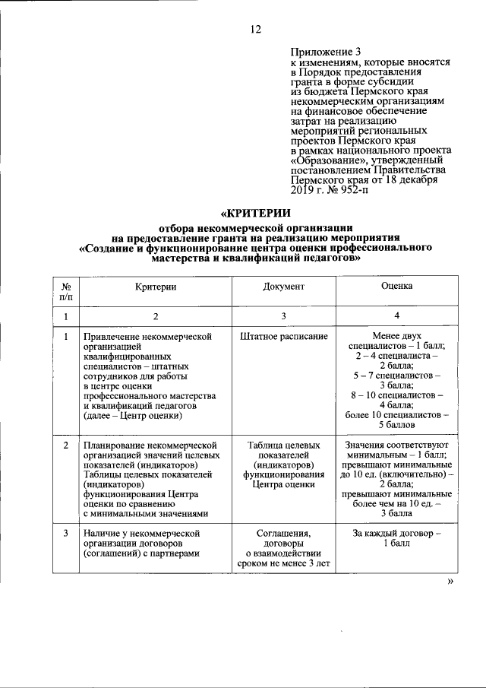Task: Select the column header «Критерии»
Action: (156, 287)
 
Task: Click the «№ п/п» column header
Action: (66, 292)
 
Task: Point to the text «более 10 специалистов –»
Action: (396, 414)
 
